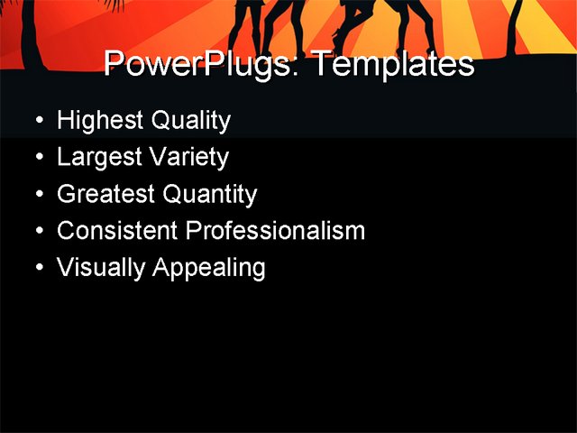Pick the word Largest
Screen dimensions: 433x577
95,158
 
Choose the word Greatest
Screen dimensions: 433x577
100,195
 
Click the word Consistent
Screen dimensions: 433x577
117,231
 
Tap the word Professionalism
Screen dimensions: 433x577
275,231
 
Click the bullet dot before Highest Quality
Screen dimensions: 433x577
38,121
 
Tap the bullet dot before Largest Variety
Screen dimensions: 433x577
38,158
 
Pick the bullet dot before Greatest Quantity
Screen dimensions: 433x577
38,195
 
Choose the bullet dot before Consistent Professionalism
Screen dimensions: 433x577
38,231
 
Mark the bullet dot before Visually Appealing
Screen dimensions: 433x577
38,268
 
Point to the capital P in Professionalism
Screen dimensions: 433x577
192,231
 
